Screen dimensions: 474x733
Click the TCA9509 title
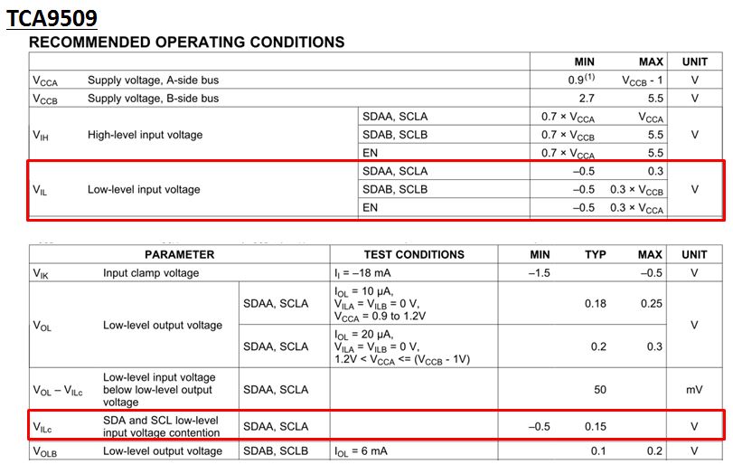coord(52,18)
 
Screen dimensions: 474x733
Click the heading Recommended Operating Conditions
coord(187,42)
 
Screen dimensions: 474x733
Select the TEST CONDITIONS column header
coord(414,254)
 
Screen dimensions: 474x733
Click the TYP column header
coord(595,254)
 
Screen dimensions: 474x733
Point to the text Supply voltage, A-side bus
coord(153,80)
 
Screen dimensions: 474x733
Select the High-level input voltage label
coord(145,135)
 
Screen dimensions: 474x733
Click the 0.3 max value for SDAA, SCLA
coord(655,171)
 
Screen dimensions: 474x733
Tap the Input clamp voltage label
coord(151,272)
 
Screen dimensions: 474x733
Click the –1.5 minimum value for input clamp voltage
coord(539,272)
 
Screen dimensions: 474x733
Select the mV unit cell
coord(694,390)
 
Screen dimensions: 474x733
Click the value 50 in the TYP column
coord(598,390)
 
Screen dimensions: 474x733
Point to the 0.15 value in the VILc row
coord(595,426)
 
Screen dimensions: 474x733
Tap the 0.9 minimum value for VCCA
coord(578,80)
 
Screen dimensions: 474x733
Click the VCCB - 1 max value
coord(643,80)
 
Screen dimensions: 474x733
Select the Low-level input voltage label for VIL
coord(144,190)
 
